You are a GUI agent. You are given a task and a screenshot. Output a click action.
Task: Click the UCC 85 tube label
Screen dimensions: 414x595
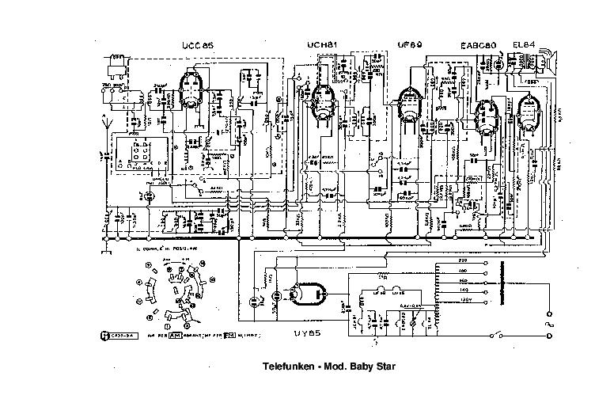click(198, 44)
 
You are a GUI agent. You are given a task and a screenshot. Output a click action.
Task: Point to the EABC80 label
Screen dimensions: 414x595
click(478, 44)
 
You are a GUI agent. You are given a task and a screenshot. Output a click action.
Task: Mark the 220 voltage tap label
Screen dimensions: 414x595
click(463, 260)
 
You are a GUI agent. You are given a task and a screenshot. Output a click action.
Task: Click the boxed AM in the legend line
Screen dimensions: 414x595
click(176, 336)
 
